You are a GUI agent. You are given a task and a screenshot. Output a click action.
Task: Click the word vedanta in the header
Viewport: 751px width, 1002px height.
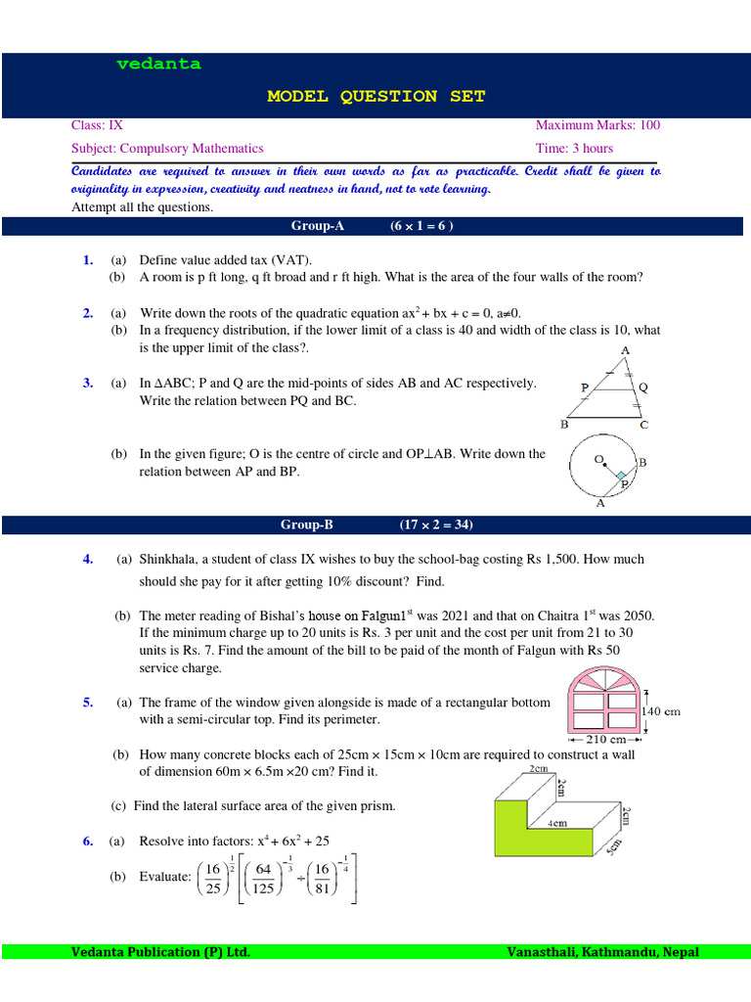coord(158,65)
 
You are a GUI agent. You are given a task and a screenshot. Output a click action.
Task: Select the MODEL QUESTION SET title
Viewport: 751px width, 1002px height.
coord(375,96)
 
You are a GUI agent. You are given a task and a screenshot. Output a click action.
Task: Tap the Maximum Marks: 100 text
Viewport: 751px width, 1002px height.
coord(597,125)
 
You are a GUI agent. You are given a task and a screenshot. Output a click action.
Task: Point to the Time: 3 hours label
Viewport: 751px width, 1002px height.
coord(574,149)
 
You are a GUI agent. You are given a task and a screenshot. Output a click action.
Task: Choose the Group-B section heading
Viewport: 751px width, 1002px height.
coord(307,525)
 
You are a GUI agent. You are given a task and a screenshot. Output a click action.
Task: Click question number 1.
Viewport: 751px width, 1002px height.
coord(88,260)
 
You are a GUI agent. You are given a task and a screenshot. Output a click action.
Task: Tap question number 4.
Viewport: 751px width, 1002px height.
coord(88,560)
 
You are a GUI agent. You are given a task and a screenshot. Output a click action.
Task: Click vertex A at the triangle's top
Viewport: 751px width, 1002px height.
coord(624,350)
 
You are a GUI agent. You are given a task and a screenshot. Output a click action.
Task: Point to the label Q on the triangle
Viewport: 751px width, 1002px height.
coord(643,387)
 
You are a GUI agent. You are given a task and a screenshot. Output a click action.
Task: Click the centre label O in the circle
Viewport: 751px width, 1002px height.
coord(597,458)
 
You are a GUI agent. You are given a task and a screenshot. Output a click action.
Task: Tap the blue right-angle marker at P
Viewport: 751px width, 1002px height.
coord(620,475)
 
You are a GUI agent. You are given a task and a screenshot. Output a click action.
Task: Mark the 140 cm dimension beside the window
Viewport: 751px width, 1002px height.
coord(660,711)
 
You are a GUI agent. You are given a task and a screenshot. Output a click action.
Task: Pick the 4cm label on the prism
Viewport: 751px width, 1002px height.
coord(557,824)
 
